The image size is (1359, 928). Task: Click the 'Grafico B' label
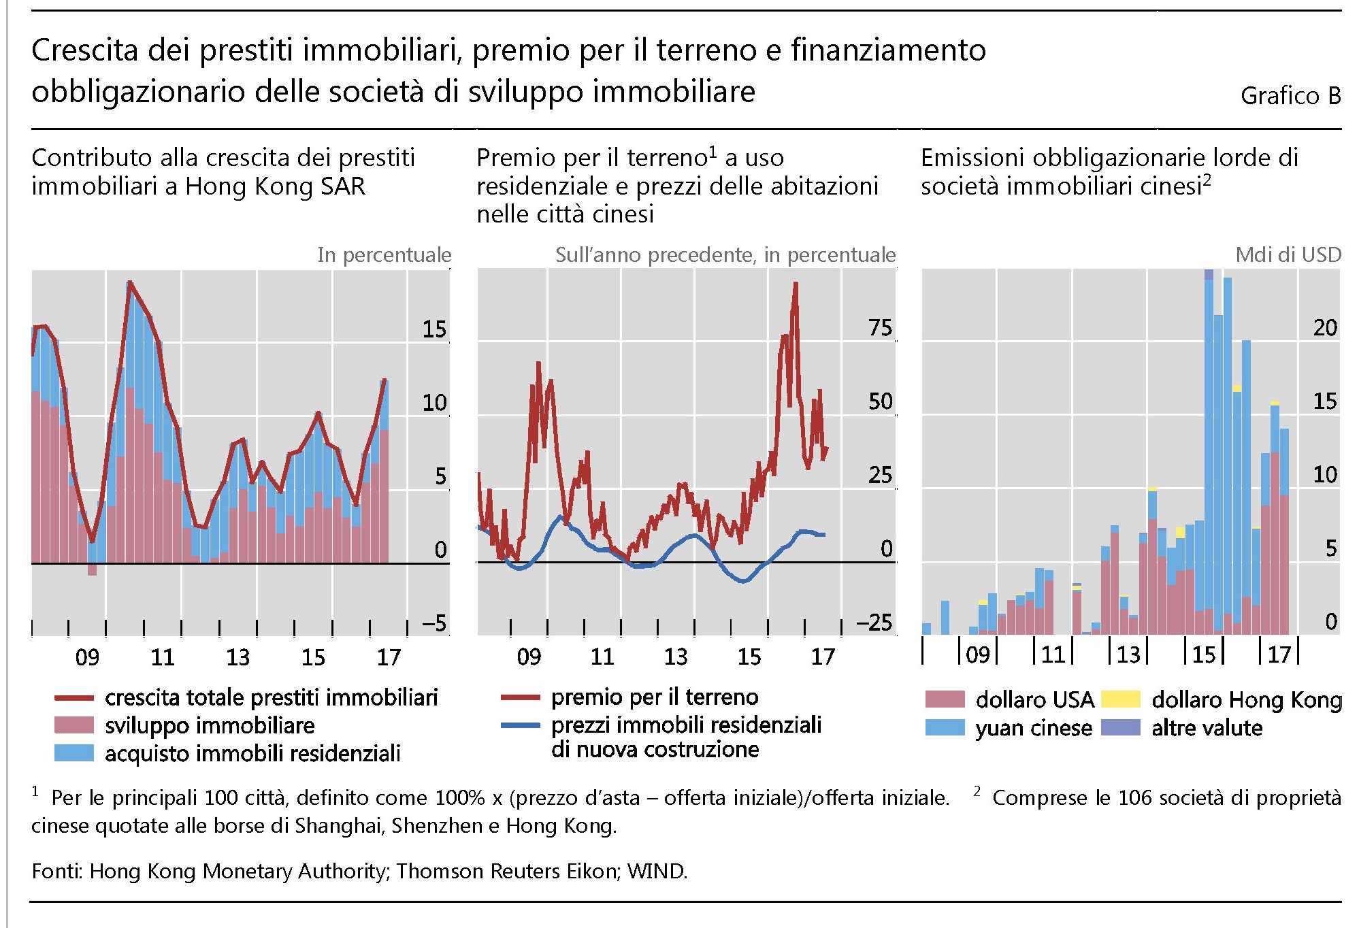pos(1290,96)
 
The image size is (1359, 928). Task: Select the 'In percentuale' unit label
pos(384,254)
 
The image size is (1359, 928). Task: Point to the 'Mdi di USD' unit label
pos(1288,254)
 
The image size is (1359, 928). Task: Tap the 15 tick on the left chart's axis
pos(434,329)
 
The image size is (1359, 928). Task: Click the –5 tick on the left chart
pos(433,623)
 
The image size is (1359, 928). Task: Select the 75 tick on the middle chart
pos(880,328)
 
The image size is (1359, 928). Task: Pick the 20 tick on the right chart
pos(1325,328)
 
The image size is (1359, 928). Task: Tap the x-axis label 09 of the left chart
pos(87,657)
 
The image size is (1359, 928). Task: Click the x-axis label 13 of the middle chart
pos(676,657)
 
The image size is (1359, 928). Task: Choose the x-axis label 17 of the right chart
pos(1279,654)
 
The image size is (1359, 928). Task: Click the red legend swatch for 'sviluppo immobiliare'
pos(73,725)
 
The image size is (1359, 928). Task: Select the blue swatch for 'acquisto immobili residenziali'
pos(73,753)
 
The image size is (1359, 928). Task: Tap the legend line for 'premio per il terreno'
pos(520,697)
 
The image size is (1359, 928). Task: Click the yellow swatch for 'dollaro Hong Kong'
pos(1120,699)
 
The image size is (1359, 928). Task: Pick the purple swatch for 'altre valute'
pos(1120,727)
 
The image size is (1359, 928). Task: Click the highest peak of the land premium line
pos(795,284)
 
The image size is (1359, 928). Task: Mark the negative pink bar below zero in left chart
pos(92,570)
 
